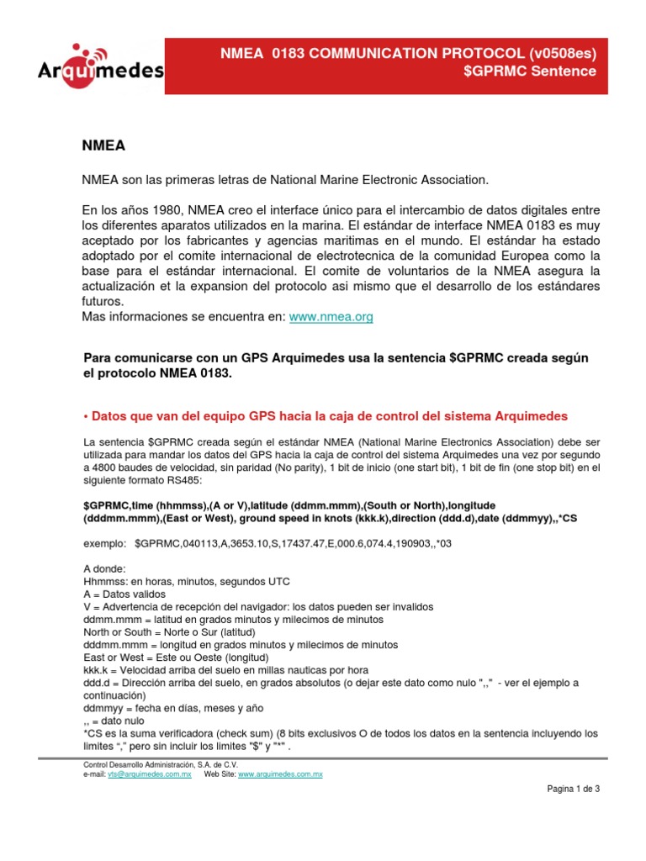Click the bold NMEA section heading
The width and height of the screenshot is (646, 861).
click(x=103, y=145)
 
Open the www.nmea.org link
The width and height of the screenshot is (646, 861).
click(x=331, y=317)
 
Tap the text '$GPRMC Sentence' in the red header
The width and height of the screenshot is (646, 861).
click(x=530, y=71)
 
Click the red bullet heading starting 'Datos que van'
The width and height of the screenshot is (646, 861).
click(x=326, y=415)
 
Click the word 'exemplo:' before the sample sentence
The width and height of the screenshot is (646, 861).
click(x=104, y=543)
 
